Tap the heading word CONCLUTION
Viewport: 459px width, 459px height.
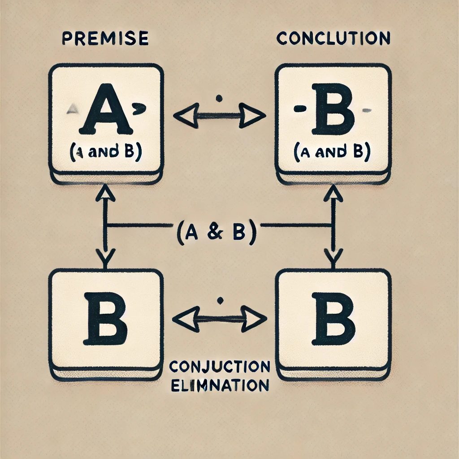[x=333, y=38]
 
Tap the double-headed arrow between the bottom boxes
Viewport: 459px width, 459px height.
[x=219, y=319]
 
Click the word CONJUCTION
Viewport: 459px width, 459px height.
[x=220, y=367]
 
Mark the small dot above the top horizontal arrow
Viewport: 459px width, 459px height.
[x=219, y=98]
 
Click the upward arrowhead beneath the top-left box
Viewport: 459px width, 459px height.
[x=107, y=194]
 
